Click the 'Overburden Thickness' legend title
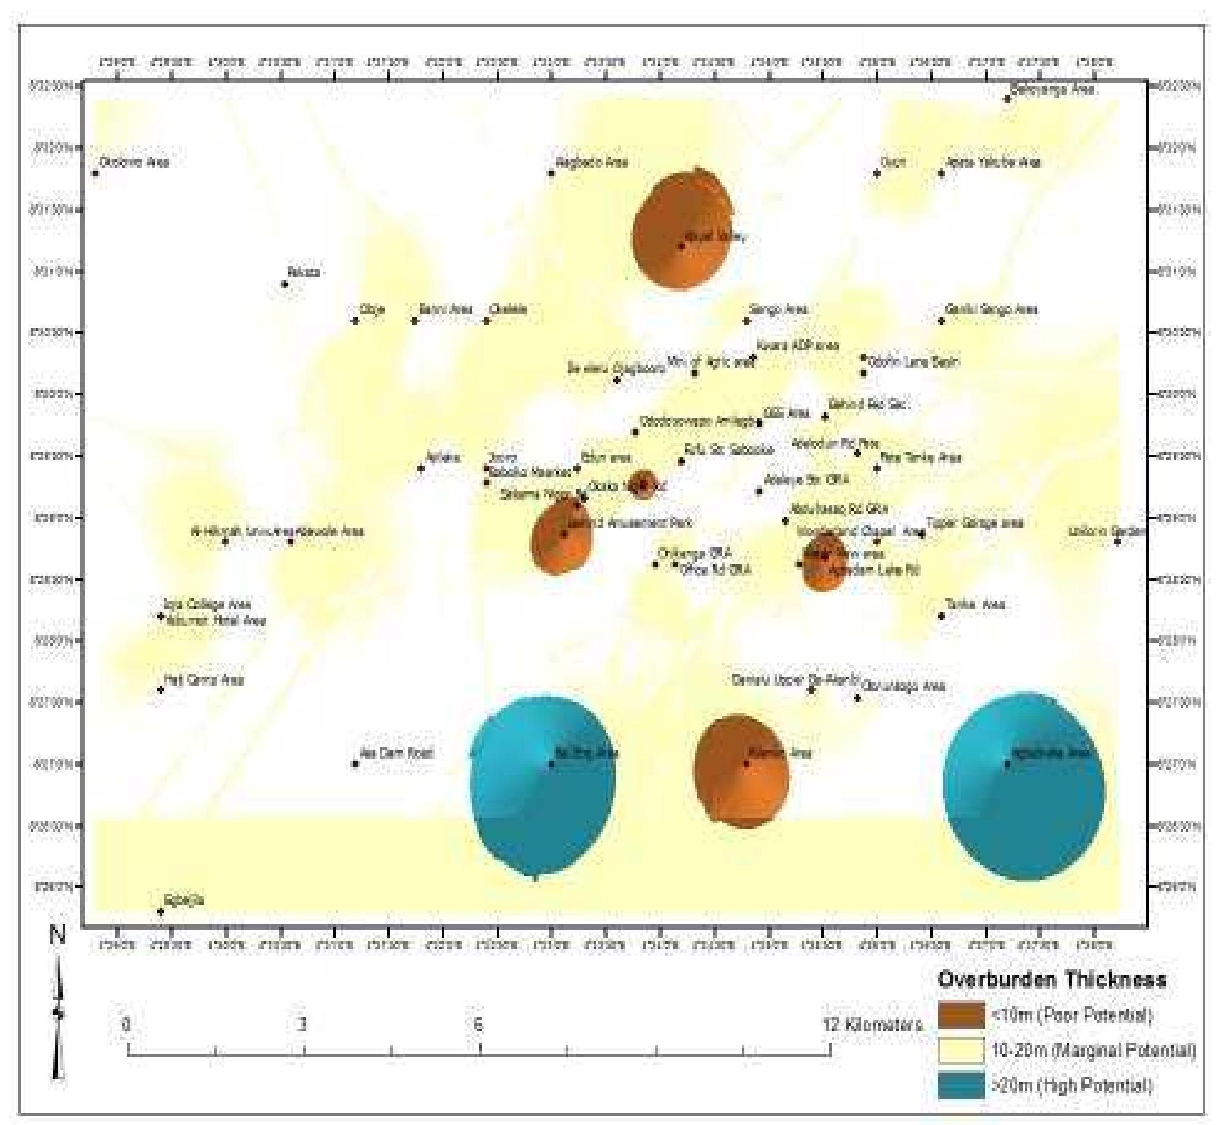pyautogui.click(x=1051, y=980)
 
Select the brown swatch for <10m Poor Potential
pyautogui.click(x=961, y=1015)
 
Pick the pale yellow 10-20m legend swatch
pyautogui.click(x=961, y=1050)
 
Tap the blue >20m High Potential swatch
pyautogui.click(x=961, y=1086)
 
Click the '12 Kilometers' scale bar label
pyautogui.click(x=872, y=1024)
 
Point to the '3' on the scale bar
pyautogui.click(x=301, y=1024)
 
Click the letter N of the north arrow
pyautogui.click(x=57, y=937)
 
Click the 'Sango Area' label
pyautogui.click(x=778, y=310)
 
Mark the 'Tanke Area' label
pyautogui.click(x=975, y=605)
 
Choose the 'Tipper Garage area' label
pyautogui.click(x=974, y=524)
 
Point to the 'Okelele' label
pyautogui.click(x=508, y=309)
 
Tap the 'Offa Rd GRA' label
pyautogui.click(x=716, y=570)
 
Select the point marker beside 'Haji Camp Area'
pyautogui.click(x=161, y=689)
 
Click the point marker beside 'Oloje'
pyautogui.click(x=355, y=320)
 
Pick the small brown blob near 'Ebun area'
pyautogui.click(x=643, y=484)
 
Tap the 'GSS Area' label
pyautogui.click(x=786, y=413)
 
